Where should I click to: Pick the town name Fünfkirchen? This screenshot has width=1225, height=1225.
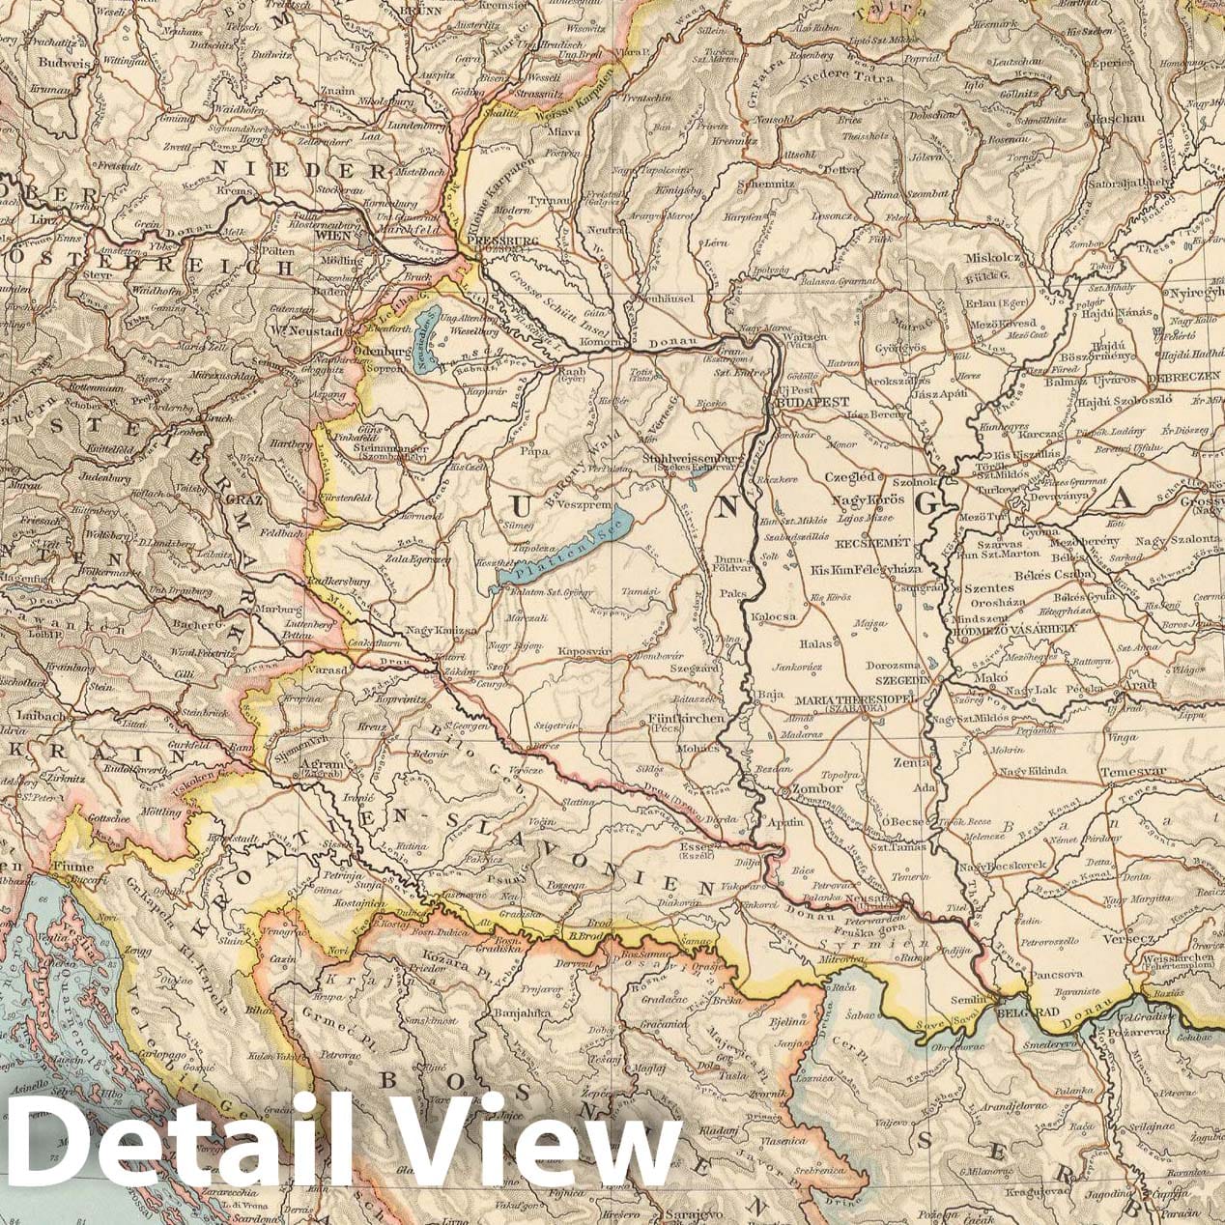(678, 720)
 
